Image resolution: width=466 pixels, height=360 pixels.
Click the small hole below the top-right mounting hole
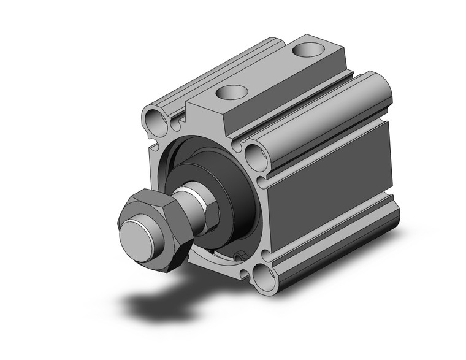pyautogui.click(x=261, y=181)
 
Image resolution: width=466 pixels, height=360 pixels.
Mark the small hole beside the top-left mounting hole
pyautogui.click(x=176, y=125)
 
